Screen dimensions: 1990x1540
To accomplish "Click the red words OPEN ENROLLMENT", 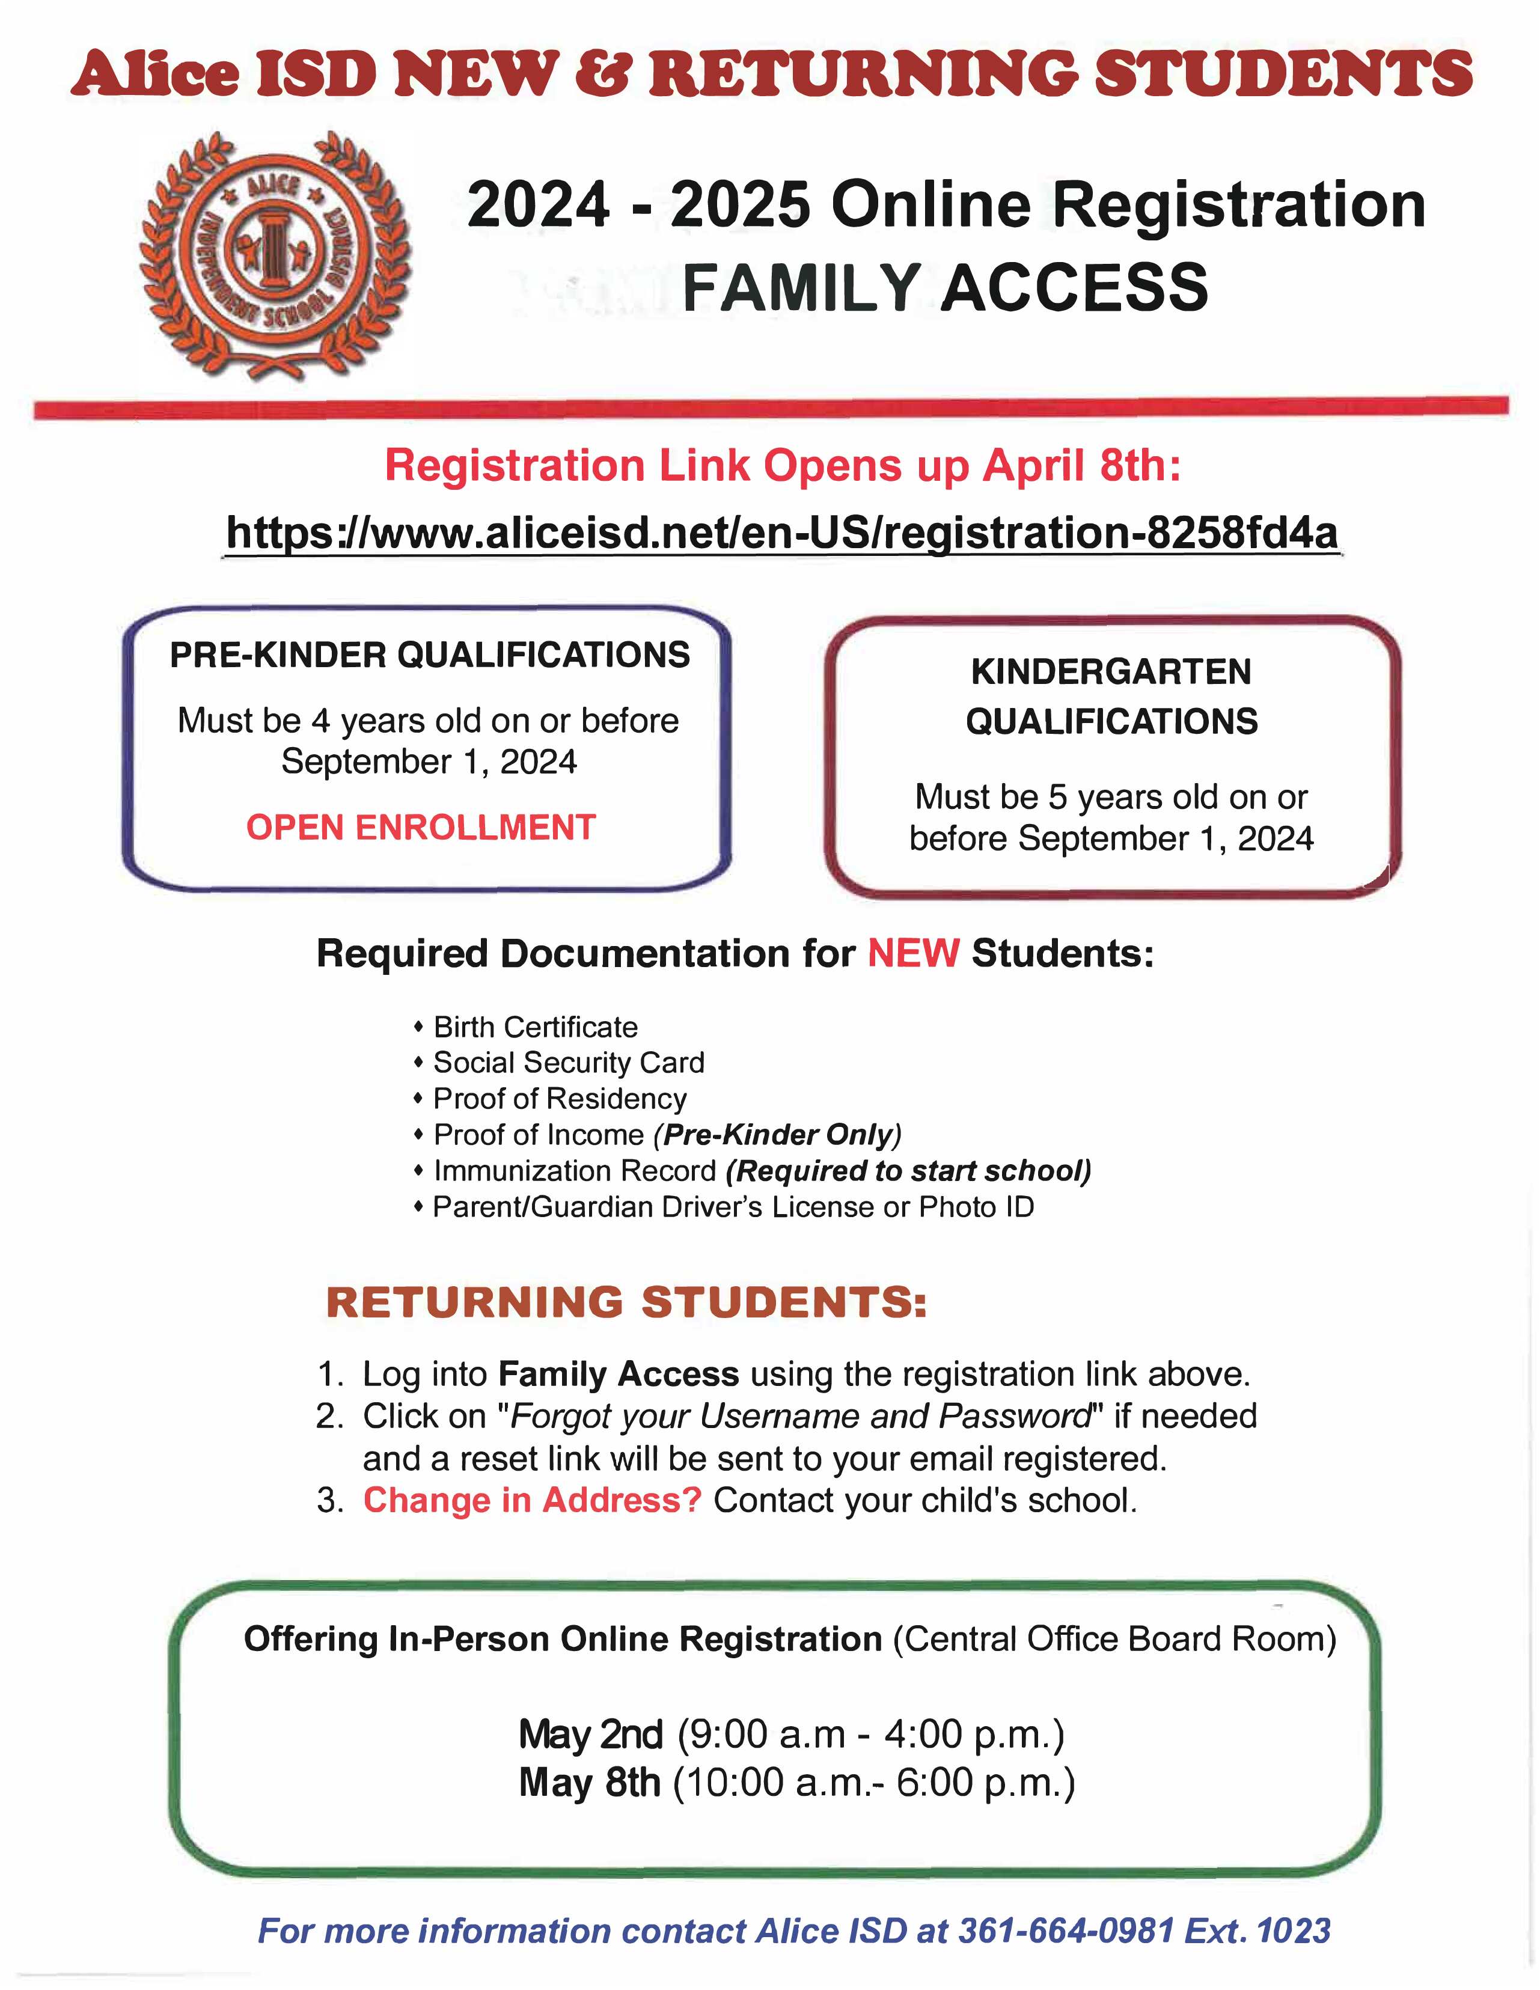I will (420, 828).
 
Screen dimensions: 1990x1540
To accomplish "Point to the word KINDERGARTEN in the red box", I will (1111, 671).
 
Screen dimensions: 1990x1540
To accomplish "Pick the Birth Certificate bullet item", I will (535, 1027).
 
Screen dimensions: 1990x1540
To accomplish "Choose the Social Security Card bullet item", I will (569, 1063).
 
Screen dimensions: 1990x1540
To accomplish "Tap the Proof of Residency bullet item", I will (560, 1099).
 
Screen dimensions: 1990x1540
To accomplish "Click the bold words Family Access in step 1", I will (618, 1374).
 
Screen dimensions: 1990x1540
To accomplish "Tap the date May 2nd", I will (590, 1735).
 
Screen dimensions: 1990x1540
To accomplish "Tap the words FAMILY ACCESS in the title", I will (945, 288).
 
